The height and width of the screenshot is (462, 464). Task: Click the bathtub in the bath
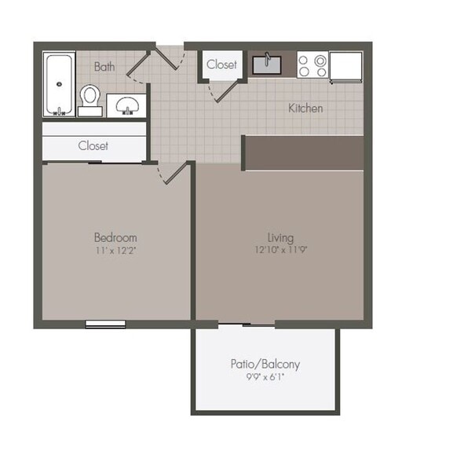pyautogui.click(x=58, y=84)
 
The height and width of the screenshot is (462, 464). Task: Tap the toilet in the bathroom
pyautogui.click(x=90, y=100)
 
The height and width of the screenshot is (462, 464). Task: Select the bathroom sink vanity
pyautogui.click(x=125, y=104)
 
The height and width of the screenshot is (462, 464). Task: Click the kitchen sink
pyautogui.click(x=268, y=64)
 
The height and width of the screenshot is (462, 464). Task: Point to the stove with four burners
pyautogui.click(x=312, y=65)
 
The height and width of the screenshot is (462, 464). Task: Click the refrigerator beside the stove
pyautogui.click(x=346, y=66)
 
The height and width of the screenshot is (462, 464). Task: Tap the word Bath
pyautogui.click(x=104, y=67)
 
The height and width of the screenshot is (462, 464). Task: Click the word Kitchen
pyautogui.click(x=305, y=108)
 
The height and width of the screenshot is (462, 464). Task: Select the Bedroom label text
pyautogui.click(x=115, y=237)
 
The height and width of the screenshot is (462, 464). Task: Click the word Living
pyautogui.click(x=280, y=237)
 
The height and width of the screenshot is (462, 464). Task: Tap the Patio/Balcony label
pyautogui.click(x=265, y=365)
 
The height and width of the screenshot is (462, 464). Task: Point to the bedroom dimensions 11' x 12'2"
pyautogui.click(x=115, y=251)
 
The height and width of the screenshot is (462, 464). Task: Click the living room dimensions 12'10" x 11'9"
pyautogui.click(x=280, y=251)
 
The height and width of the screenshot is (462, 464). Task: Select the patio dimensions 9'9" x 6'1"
pyautogui.click(x=265, y=378)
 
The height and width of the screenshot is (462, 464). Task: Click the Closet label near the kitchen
pyautogui.click(x=222, y=64)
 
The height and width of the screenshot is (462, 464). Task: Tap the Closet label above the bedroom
pyautogui.click(x=93, y=146)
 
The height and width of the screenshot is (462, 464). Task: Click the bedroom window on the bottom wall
pyautogui.click(x=105, y=324)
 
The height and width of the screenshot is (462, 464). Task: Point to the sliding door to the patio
pyautogui.click(x=247, y=324)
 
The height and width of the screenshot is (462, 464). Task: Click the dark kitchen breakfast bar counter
pyautogui.click(x=304, y=152)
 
